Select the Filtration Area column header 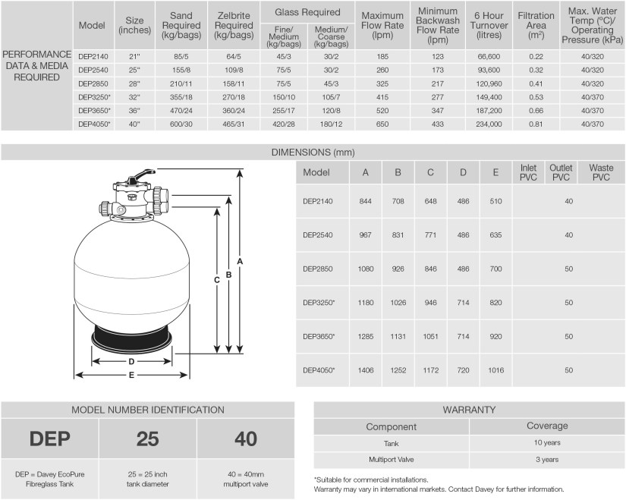536,26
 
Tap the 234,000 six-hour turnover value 489,124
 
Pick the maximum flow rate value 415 382,96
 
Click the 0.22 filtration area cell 536,55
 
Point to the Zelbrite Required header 234,26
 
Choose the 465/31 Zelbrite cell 234,124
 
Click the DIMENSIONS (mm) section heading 313,153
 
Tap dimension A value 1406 366,370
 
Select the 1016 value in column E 495,370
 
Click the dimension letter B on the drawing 228,275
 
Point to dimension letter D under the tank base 132,361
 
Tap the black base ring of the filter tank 132,338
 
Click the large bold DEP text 50,439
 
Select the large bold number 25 148,439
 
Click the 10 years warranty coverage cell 546,443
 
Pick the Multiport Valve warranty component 392,460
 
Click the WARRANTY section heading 469,410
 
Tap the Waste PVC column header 601,172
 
